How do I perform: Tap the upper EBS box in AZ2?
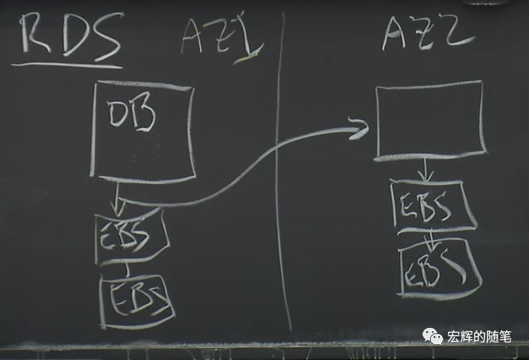(x=432, y=205)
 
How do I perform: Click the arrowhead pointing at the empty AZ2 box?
(x=357, y=127)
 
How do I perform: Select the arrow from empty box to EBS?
(x=426, y=170)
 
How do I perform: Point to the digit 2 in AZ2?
(x=455, y=30)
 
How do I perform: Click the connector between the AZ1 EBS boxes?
(x=126, y=269)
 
